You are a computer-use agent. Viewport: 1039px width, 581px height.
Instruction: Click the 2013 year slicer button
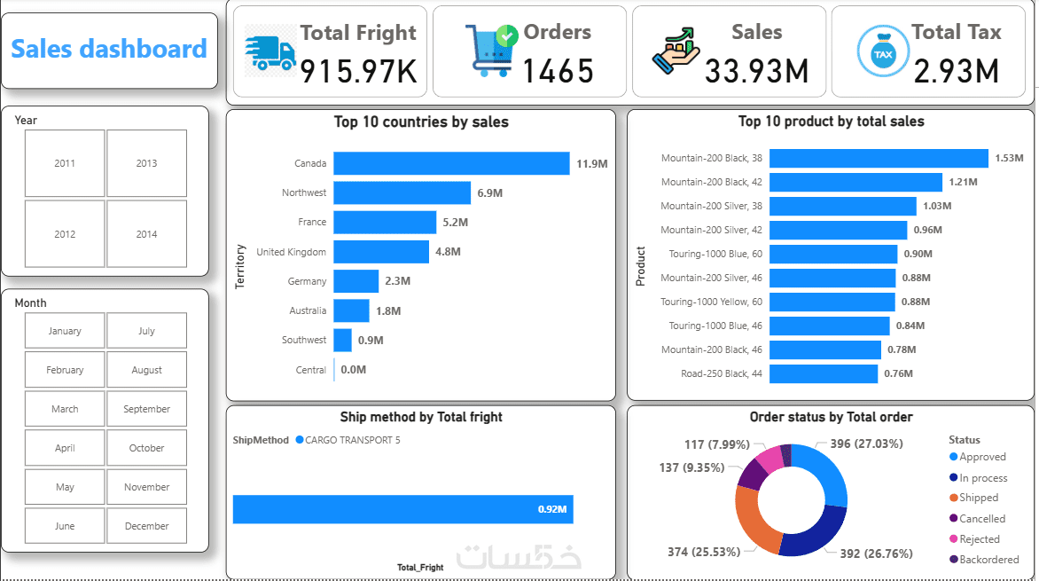[x=146, y=163]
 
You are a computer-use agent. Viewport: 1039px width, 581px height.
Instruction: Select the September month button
[x=146, y=409]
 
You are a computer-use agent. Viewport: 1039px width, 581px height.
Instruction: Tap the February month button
[x=65, y=370]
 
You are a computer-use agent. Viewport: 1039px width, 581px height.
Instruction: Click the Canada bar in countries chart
[x=451, y=163]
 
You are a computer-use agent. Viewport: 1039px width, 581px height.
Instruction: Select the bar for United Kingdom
[x=381, y=252]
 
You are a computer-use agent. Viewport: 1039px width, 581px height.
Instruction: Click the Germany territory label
[x=307, y=281]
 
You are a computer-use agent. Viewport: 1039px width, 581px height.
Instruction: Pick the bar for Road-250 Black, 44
[x=824, y=373]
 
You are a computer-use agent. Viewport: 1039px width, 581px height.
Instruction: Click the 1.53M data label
[x=1009, y=158]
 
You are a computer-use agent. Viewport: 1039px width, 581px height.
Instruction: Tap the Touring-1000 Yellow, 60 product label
[x=711, y=302]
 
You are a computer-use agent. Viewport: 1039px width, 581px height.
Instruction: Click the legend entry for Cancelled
[x=981, y=519]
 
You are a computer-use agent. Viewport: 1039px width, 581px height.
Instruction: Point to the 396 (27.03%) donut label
[x=866, y=444]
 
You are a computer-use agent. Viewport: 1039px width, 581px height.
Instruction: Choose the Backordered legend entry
[x=988, y=560]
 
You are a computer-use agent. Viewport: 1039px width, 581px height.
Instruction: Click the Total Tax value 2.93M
[x=956, y=71]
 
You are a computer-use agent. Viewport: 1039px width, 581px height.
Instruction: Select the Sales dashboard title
[x=109, y=49]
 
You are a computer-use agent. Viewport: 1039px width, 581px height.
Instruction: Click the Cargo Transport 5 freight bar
[x=403, y=509]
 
